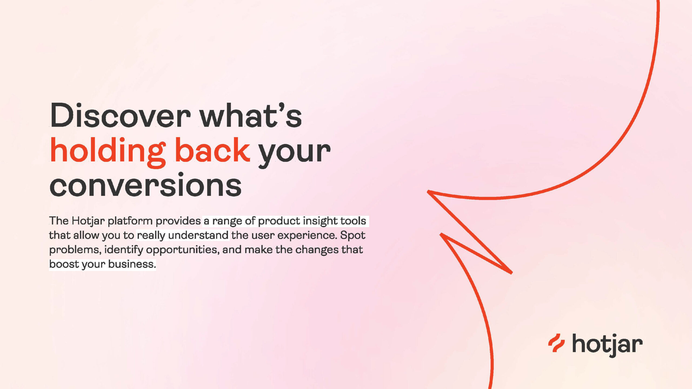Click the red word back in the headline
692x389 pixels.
tap(213, 150)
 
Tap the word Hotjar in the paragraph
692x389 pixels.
tap(88, 221)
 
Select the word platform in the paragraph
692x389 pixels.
tap(130, 221)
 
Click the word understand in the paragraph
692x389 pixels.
tap(198, 235)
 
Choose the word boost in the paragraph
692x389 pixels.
tap(64, 264)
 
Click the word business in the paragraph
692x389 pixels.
tap(132, 264)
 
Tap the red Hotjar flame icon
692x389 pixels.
tap(556, 343)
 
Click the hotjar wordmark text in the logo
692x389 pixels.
tap(607, 345)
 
